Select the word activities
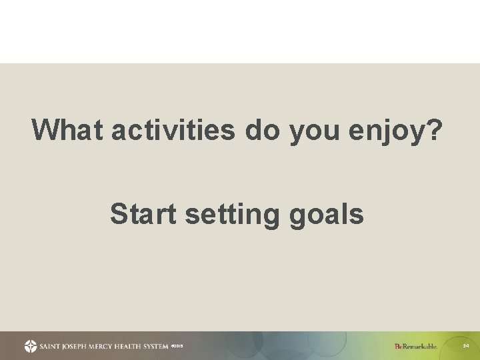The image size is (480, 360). click(173, 131)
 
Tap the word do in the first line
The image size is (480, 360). click(263, 131)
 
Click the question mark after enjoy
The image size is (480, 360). click(433, 131)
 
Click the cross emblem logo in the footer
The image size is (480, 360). click(31, 346)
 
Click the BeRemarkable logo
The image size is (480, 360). click(415, 346)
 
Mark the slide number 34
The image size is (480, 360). click(466, 345)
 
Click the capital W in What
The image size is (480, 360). click(44, 131)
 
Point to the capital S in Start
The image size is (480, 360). click(118, 215)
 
